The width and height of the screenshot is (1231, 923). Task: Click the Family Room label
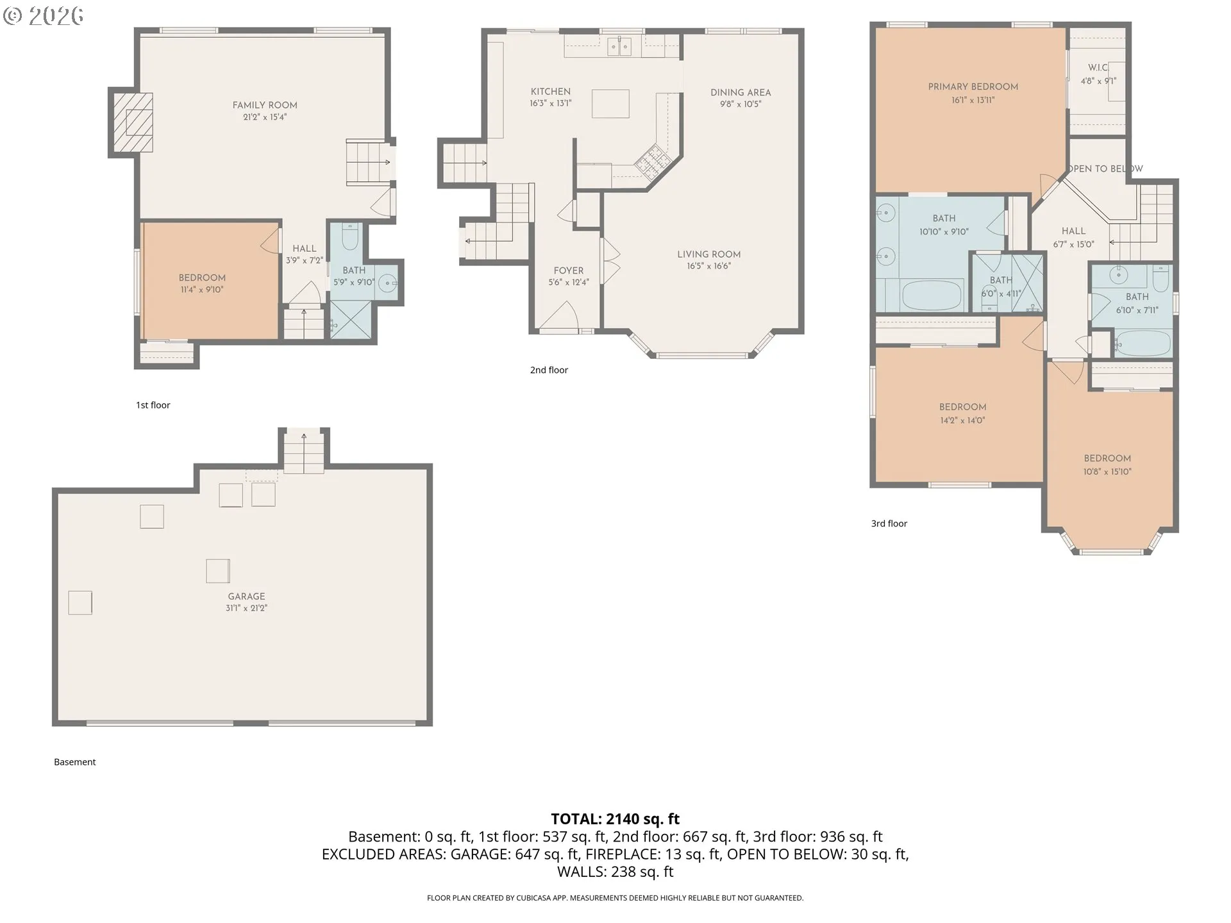[x=265, y=105]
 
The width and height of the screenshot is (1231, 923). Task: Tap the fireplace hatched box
[x=133, y=122]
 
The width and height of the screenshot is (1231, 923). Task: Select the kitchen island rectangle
[x=610, y=104]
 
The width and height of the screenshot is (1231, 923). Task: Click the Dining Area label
[x=741, y=92]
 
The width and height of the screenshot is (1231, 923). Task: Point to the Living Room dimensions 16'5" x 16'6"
[x=708, y=266]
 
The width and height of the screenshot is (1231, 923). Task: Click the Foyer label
[x=569, y=270]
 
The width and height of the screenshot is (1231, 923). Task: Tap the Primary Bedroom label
[x=973, y=87]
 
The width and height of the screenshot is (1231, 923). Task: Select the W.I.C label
[x=1098, y=67]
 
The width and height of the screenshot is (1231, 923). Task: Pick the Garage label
[x=246, y=596]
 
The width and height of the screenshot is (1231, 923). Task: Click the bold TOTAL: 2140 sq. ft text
[x=615, y=819]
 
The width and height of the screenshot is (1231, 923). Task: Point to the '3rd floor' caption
[x=889, y=524]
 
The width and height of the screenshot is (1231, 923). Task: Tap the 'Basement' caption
[x=75, y=762]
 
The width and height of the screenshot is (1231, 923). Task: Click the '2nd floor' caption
[x=549, y=370]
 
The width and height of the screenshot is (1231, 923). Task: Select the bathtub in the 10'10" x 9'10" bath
[x=932, y=295]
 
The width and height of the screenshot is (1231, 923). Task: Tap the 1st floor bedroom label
[x=202, y=278]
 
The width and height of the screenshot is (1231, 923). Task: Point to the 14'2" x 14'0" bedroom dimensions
[x=962, y=420]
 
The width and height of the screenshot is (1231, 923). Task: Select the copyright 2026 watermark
[x=44, y=15]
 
